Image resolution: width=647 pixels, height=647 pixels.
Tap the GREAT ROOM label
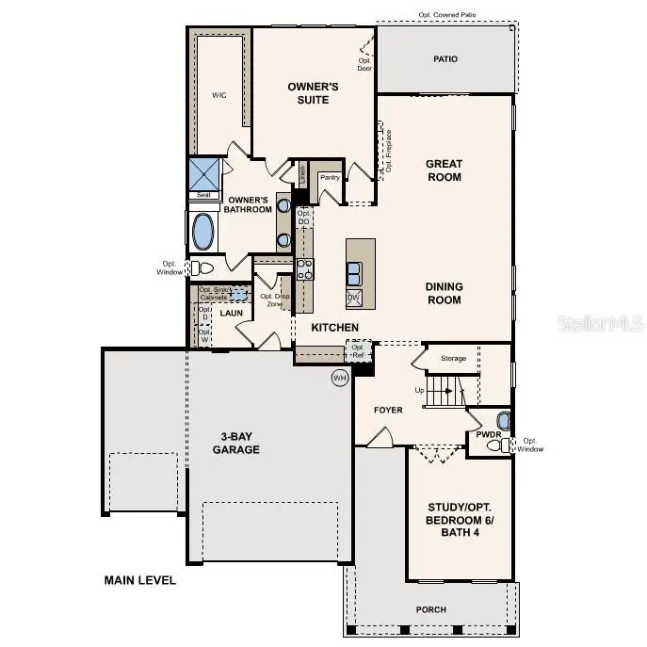click(444, 170)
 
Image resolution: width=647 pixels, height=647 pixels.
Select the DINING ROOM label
click(444, 294)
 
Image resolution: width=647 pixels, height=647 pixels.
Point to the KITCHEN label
click(336, 327)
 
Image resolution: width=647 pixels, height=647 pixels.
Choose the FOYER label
click(388, 410)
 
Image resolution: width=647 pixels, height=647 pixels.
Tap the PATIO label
click(445, 59)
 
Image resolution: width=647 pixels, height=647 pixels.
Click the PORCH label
click(431, 609)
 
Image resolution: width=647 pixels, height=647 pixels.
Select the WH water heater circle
click(340, 378)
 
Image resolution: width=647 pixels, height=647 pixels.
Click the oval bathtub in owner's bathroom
click(202, 231)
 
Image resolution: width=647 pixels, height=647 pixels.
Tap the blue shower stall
click(203, 173)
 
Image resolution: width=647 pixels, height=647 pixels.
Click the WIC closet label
click(218, 95)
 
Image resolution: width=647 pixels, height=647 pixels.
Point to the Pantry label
click(330, 177)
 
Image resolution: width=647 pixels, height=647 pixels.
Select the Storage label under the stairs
click(454, 358)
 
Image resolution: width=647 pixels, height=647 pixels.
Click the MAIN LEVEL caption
click(139, 581)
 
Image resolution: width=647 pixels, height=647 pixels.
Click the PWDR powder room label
click(487, 435)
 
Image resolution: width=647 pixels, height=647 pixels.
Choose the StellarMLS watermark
click(601, 323)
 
